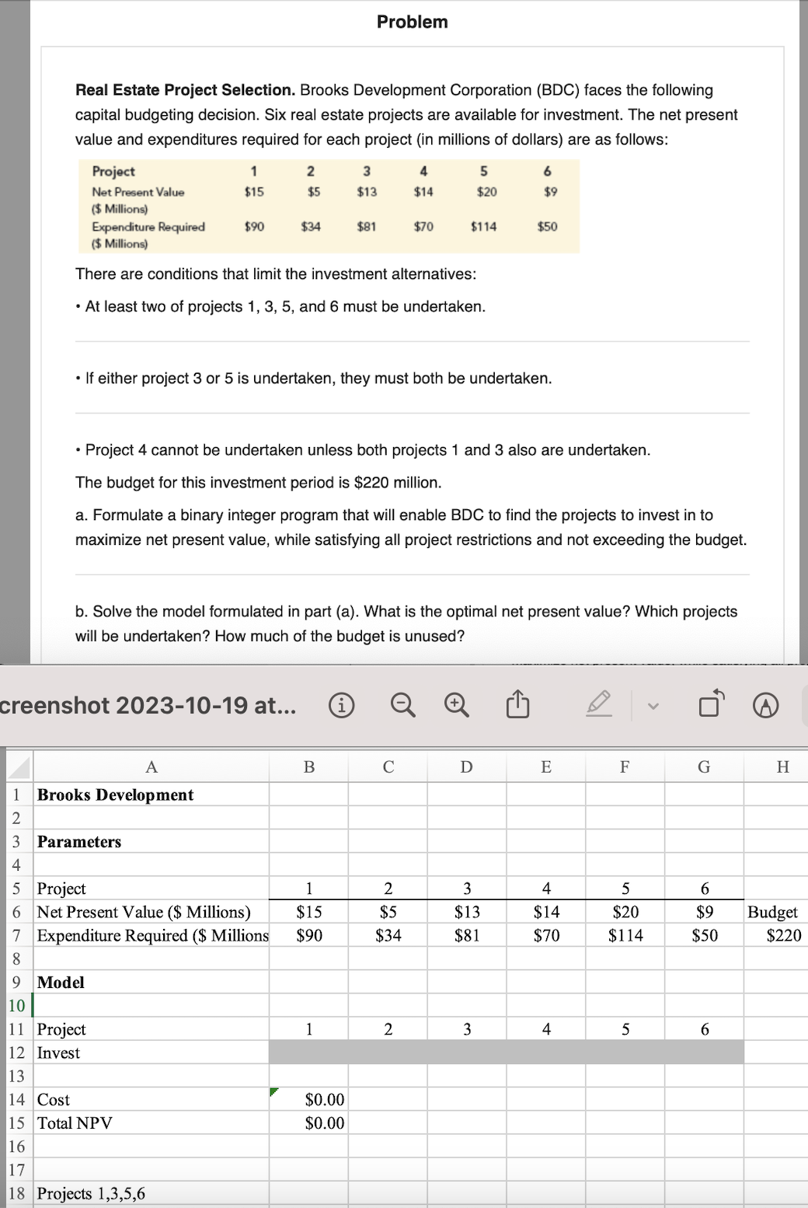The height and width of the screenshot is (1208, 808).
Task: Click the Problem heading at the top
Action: [412, 22]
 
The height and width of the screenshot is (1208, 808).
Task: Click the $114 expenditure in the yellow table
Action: [483, 227]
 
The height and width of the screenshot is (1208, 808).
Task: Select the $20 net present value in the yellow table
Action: [486, 192]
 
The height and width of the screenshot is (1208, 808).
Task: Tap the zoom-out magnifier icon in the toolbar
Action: [402, 705]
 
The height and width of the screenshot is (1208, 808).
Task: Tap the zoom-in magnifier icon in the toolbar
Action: [457, 705]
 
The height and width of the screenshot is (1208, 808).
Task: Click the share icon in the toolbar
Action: [517, 705]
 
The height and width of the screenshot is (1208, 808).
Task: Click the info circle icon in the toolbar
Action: [342, 705]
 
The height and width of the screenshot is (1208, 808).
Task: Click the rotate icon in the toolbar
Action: [711, 704]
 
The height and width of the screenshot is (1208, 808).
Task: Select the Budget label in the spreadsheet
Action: [772, 912]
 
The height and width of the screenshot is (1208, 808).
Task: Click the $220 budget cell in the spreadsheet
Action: [783, 935]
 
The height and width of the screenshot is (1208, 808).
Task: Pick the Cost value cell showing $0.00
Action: [324, 1099]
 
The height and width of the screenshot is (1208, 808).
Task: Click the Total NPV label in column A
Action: [75, 1123]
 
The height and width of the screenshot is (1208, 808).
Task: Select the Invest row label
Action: [58, 1053]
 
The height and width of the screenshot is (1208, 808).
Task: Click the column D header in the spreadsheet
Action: [466, 767]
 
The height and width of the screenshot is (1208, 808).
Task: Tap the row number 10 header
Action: [16, 1006]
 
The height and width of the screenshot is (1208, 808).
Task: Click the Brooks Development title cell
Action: [115, 794]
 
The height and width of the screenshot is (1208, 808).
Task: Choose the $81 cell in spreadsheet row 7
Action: [467, 935]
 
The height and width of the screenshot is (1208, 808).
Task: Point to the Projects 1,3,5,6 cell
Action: [91, 1193]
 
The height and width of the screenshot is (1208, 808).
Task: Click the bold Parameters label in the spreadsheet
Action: [79, 842]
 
